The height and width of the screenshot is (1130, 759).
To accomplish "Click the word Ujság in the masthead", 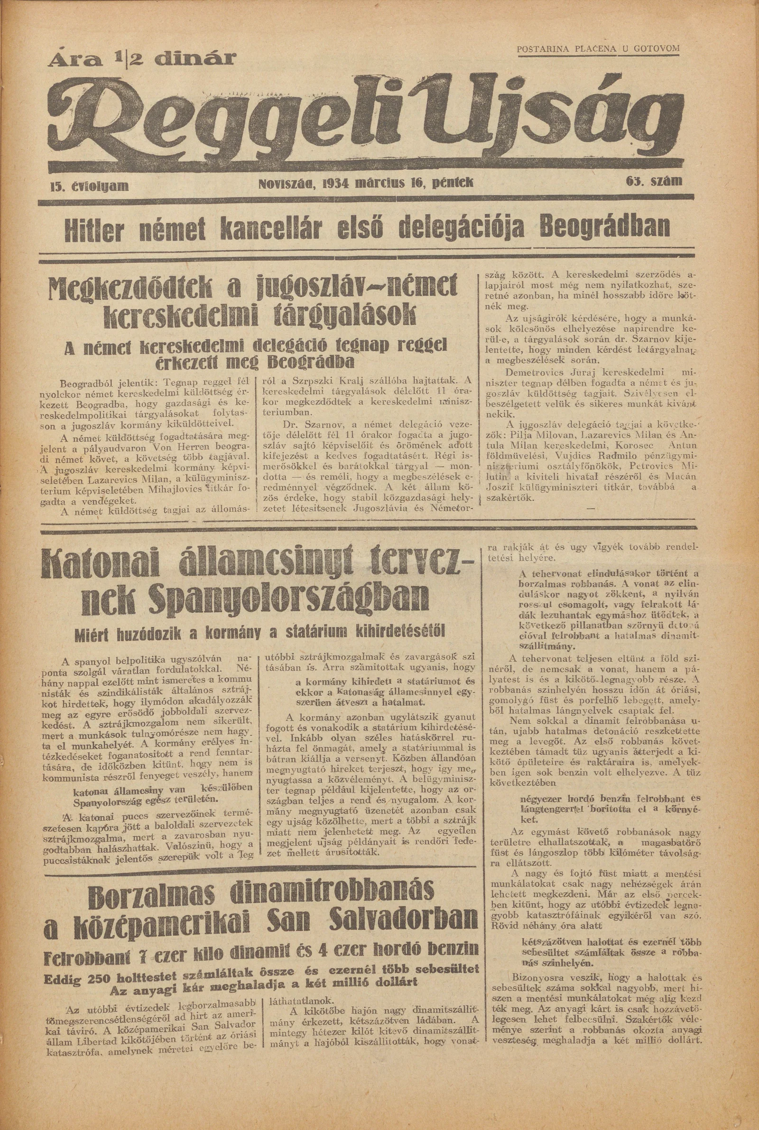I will point(552,119).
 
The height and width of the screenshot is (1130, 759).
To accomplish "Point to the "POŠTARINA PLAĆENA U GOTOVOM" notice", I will point(598,49).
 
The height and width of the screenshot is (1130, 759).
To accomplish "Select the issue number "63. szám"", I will point(654,182).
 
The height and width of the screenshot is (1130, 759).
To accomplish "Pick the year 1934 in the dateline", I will point(336,183).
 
